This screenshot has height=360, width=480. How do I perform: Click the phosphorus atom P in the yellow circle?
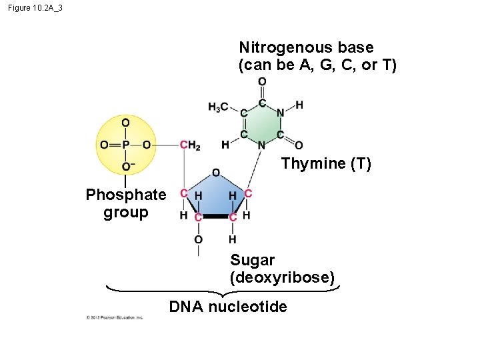[x=125, y=145]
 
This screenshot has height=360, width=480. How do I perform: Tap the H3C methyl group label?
[x=218, y=107]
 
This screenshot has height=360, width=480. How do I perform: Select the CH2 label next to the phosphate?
[x=190, y=145]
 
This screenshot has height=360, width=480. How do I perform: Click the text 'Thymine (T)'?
[x=326, y=163]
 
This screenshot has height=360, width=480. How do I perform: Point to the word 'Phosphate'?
[x=126, y=195]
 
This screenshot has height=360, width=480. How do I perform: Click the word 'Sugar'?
[x=253, y=260]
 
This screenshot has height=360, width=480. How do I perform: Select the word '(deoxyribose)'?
[x=282, y=277]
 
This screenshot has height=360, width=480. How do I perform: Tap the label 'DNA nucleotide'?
[x=228, y=307]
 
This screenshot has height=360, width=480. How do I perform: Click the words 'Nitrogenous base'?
[x=306, y=48]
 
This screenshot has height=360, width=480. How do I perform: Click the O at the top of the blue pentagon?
[x=216, y=173]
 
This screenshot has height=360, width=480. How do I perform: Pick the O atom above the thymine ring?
[x=262, y=82]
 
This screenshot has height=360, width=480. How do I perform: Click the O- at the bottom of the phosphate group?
[x=126, y=166]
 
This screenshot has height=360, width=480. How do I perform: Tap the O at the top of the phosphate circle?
[x=125, y=123]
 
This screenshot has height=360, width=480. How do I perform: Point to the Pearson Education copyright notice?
[x=115, y=317]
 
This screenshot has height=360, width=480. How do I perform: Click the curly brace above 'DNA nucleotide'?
[x=223, y=291]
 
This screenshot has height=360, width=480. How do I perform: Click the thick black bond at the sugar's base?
[x=215, y=217]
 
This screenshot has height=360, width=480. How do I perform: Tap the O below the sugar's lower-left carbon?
[x=198, y=239]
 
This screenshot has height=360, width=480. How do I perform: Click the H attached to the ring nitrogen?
[x=299, y=105]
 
